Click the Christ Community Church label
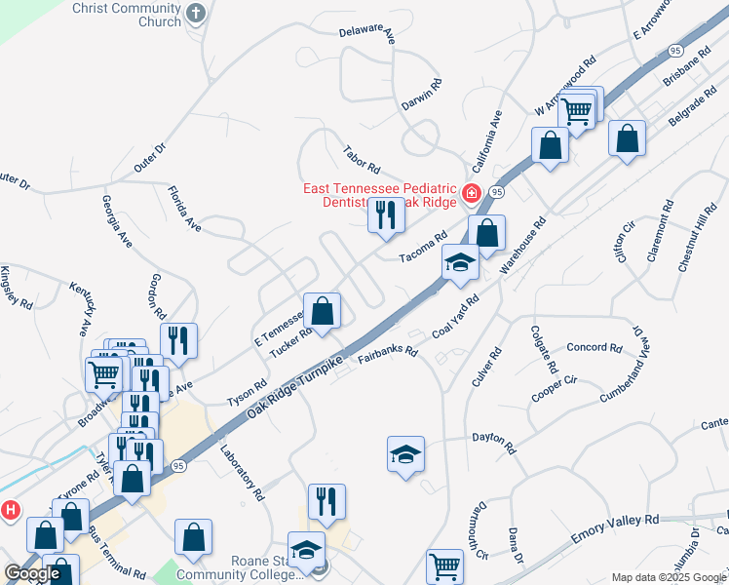(x=127, y=15)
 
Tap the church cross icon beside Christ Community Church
(x=196, y=14)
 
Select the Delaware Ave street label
(x=366, y=34)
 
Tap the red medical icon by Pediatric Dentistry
(x=472, y=192)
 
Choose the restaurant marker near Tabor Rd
(x=386, y=215)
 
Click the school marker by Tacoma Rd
(x=459, y=263)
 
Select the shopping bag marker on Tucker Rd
(x=322, y=312)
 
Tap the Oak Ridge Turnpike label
(x=294, y=388)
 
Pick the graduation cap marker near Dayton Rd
(x=405, y=455)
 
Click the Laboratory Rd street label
(x=243, y=474)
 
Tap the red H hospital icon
(x=11, y=509)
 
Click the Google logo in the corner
(x=32, y=574)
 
